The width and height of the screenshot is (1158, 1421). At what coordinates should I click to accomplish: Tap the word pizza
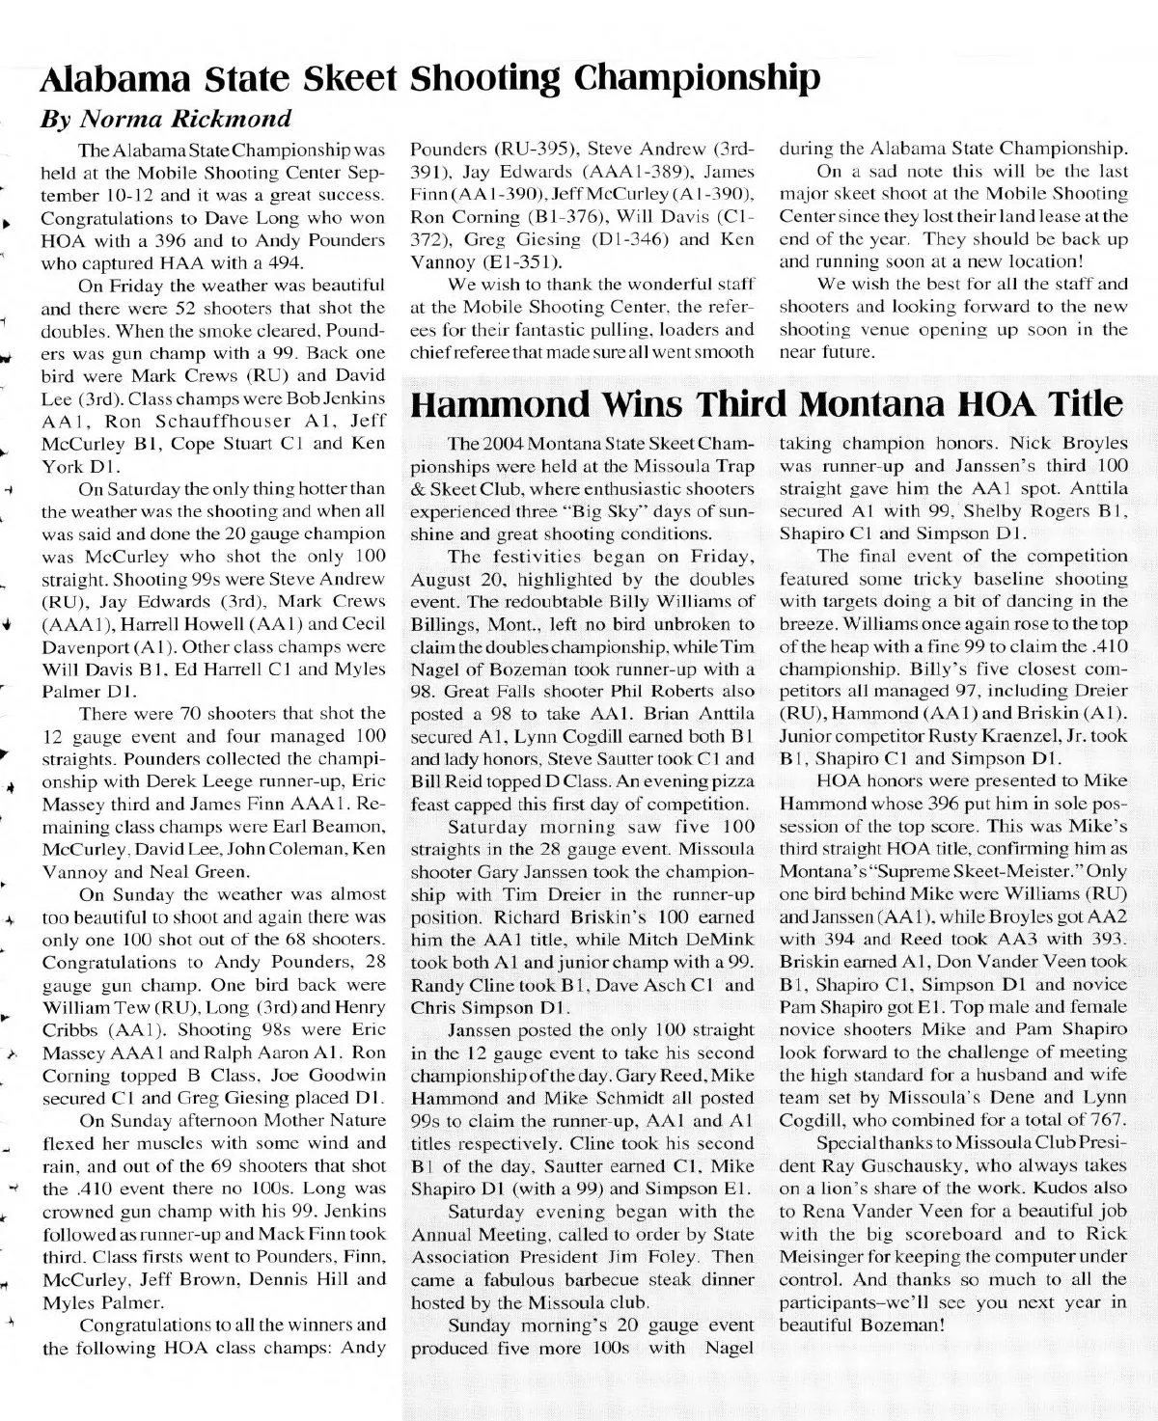point(731,781)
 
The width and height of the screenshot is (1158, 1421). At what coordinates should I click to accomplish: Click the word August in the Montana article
point(441,579)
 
